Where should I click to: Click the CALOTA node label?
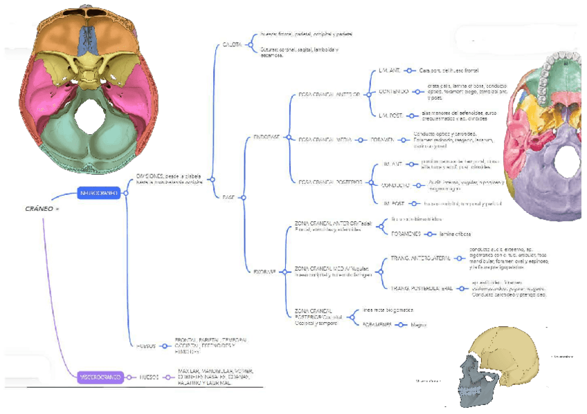[x=231, y=44]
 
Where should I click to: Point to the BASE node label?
[x=228, y=197]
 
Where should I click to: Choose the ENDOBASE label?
[x=267, y=138]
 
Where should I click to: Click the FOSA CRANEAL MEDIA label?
[x=325, y=139]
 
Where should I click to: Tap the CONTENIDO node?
[x=394, y=92]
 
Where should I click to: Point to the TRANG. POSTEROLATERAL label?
[x=421, y=288]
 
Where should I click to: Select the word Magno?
[x=417, y=324]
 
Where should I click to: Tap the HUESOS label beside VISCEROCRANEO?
[x=150, y=377]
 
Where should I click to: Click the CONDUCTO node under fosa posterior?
[x=395, y=185]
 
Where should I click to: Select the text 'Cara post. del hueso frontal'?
[x=449, y=70]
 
